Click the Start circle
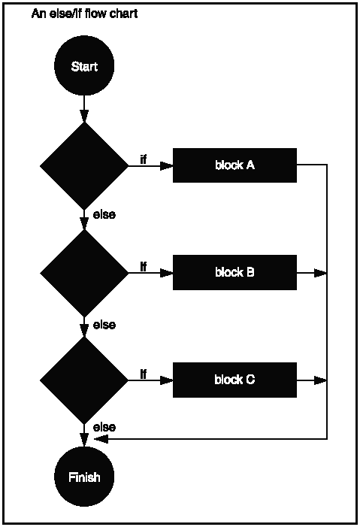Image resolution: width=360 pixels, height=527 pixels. pos(84,65)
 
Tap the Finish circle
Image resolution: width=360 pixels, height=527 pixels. pos(84,477)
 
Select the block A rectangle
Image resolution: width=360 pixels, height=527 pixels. pos(234,165)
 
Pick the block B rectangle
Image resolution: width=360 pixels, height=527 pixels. pos(234,272)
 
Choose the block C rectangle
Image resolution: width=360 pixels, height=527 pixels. pos(234,380)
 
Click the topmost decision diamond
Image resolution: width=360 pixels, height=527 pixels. pos(84,165)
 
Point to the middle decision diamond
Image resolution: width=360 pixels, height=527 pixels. pos(84,272)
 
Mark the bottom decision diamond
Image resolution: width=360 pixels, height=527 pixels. pos(84,380)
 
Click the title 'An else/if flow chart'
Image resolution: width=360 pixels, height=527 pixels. pos(84,14)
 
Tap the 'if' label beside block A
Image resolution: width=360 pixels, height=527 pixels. pos(144,159)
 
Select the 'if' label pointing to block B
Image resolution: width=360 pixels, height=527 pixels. pos(144,266)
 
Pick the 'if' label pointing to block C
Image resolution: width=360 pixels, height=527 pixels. pos(144,374)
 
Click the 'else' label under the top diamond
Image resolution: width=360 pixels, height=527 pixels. pos(104,215)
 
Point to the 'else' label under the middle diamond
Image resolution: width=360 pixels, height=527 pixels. pos(104,325)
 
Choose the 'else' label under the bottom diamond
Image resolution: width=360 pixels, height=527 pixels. pos(104,427)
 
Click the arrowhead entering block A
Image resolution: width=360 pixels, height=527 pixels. pos(167,165)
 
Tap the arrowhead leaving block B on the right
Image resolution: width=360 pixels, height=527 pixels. pos(321,272)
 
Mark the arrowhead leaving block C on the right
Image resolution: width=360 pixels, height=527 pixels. pos(321,380)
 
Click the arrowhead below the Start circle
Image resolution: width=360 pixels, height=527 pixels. pos(84,116)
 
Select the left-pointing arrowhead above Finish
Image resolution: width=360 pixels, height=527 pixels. pos(101,438)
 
